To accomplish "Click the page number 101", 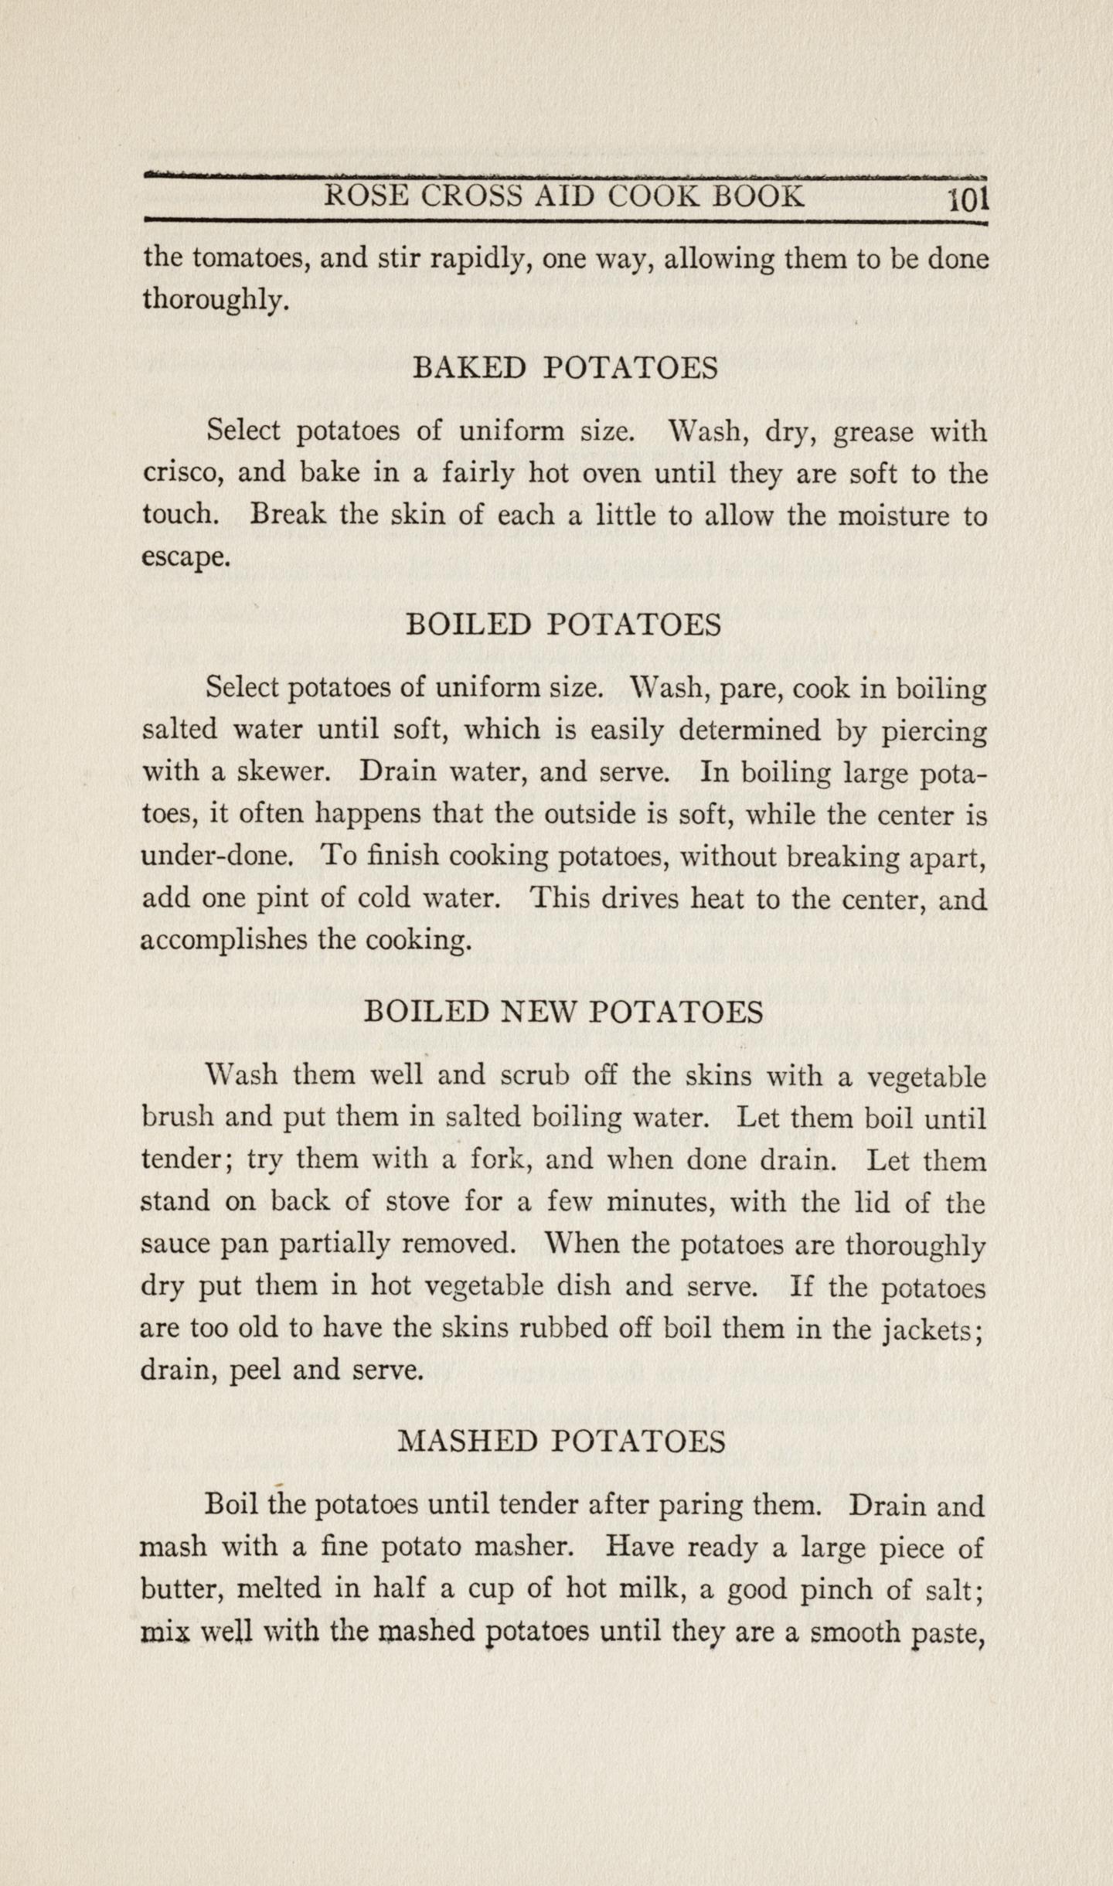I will (x=968, y=200).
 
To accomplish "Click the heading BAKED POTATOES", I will (x=566, y=368).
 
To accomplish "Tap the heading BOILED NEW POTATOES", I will (x=563, y=1013).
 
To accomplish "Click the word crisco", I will (x=183, y=473).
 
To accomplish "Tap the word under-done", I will (x=217, y=856).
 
